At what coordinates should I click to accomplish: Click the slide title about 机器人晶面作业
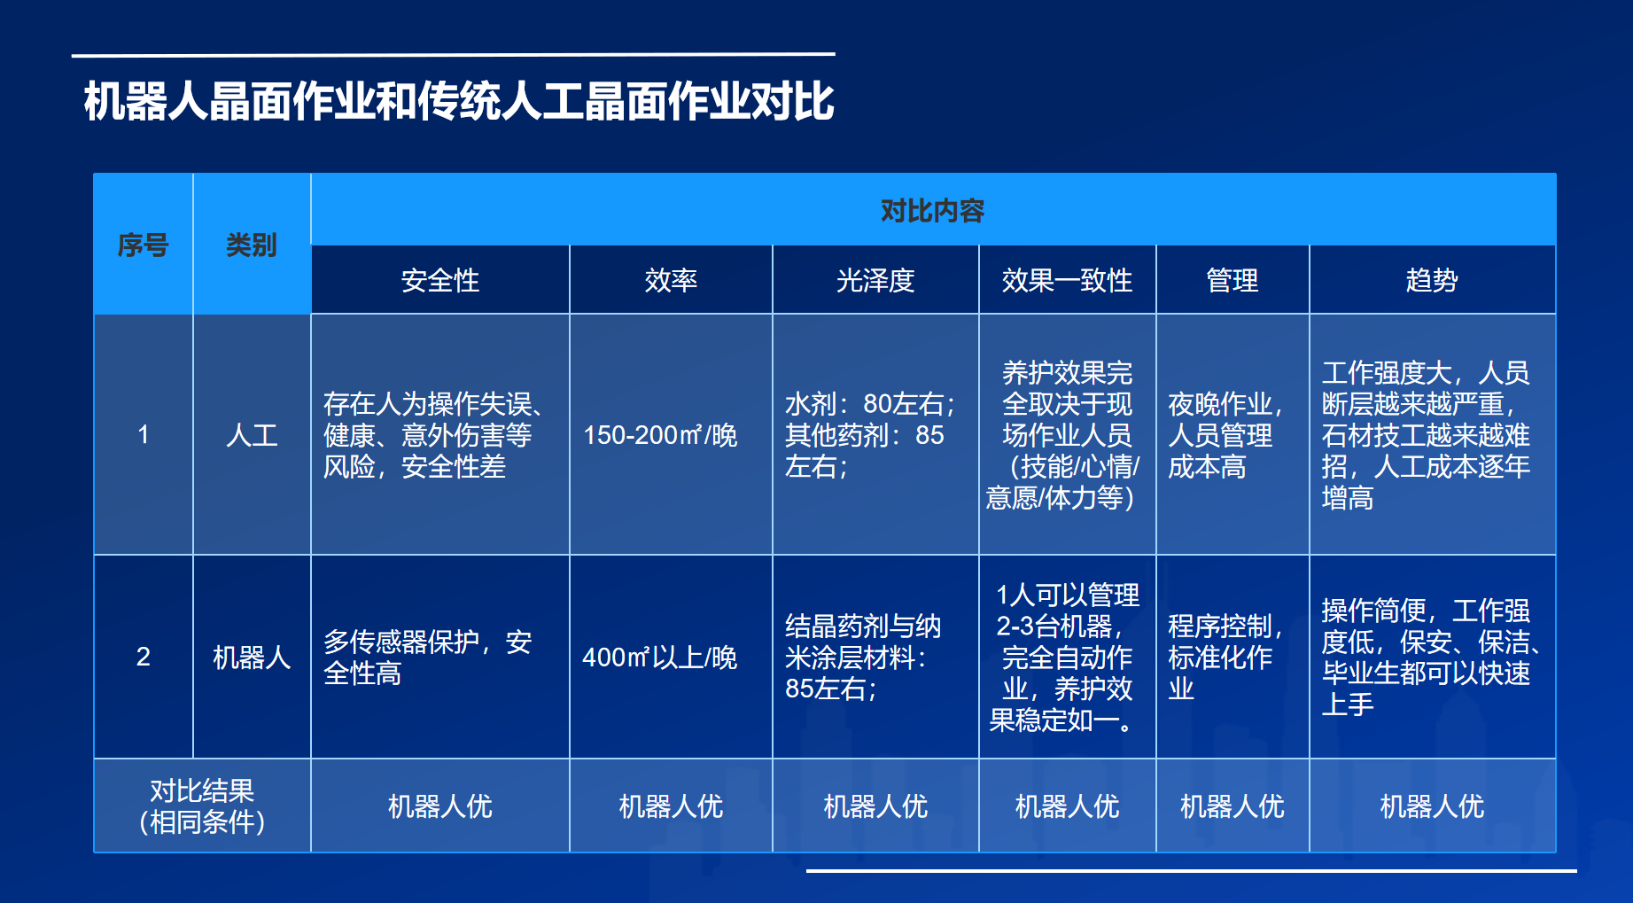(459, 101)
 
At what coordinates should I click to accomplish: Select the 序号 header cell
(143, 245)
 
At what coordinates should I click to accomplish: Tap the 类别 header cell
(252, 245)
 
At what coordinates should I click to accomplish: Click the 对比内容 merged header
(932, 211)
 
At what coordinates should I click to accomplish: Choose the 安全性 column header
(439, 281)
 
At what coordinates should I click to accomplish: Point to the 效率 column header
(671, 281)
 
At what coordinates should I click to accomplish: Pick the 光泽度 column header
(875, 281)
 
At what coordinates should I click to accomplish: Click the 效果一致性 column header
(1067, 281)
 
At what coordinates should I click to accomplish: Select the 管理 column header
(1232, 281)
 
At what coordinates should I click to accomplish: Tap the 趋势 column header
(1432, 281)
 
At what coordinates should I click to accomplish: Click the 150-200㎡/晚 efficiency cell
(660, 435)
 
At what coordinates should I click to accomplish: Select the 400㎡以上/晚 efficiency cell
(660, 658)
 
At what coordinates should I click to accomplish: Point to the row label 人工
(252, 435)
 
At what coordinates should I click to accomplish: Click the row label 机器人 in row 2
(252, 658)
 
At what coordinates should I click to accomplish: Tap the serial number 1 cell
(143, 435)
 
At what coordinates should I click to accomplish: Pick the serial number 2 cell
(143, 657)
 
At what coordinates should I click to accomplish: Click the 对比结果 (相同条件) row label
(202, 806)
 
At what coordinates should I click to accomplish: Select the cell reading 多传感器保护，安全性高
(428, 658)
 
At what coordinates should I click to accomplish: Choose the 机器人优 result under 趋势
(1432, 806)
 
